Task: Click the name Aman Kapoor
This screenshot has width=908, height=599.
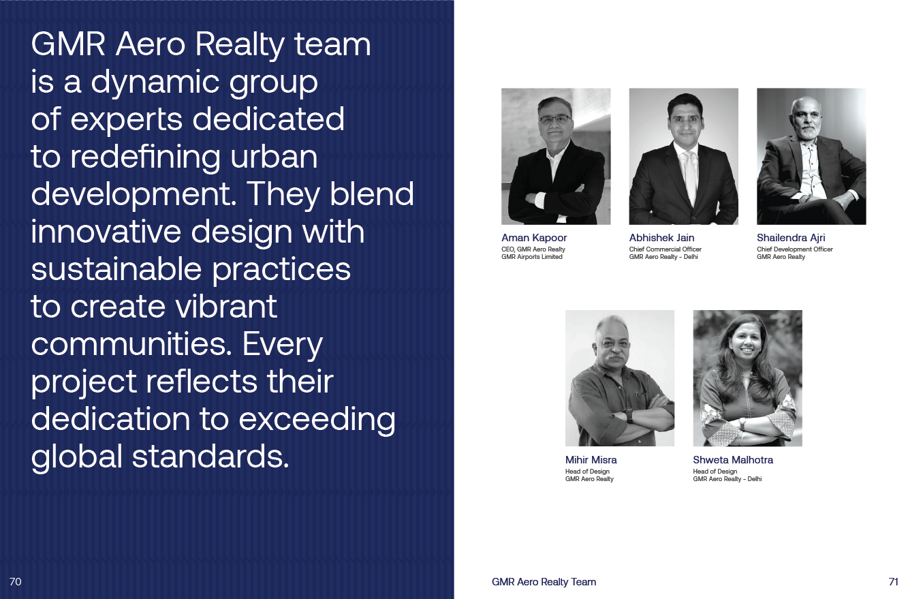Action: [x=534, y=238]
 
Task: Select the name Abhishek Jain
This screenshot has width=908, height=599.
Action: [x=661, y=238]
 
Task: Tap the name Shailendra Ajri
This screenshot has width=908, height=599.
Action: [x=791, y=238]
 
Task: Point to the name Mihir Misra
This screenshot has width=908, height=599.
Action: [x=591, y=460]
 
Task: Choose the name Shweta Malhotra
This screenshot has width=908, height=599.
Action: [x=733, y=460]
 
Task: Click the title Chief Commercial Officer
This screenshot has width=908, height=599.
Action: [x=666, y=249]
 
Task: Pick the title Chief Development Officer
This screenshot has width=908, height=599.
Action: [x=794, y=249]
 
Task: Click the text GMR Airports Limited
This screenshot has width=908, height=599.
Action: [x=532, y=257]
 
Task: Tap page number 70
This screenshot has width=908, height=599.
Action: [x=15, y=581]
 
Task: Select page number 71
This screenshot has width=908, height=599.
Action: [x=893, y=581]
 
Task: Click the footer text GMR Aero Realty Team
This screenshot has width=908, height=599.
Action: [x=544, y=582]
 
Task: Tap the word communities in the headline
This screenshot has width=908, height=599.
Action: [x=131, y=344]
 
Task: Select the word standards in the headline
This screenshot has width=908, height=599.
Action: [x=210, y=457]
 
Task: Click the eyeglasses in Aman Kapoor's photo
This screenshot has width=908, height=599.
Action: [x=555, y=119]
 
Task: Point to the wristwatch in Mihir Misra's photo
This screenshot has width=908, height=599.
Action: [x=628, y=415]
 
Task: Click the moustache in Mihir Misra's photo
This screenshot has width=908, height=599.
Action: [x=616, y=358]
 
